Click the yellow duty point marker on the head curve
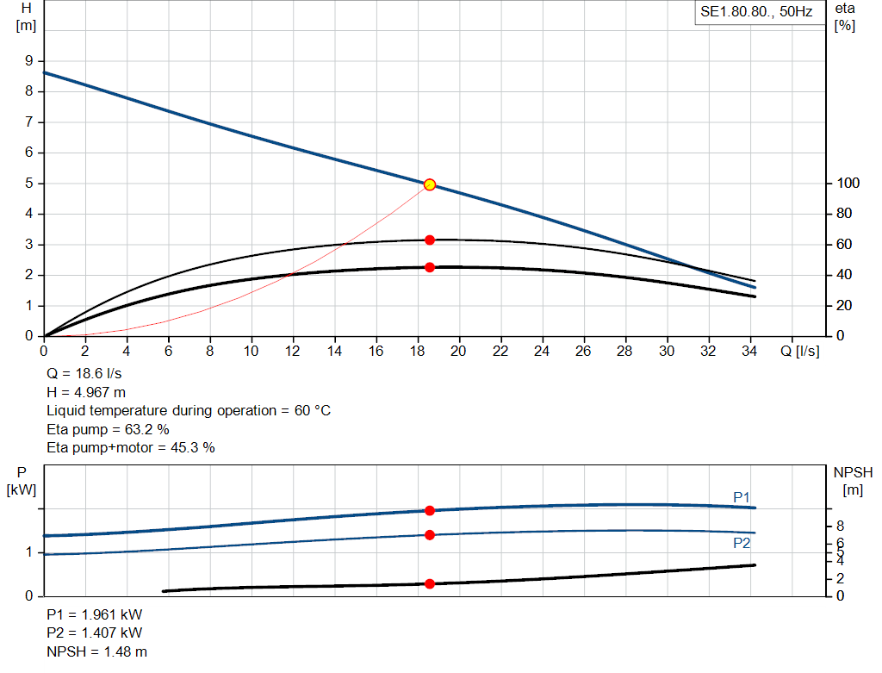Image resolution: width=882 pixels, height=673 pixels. pyautogui.click(x=430, y=184)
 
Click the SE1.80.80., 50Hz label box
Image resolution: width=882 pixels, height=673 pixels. pyautogui.click(x=756, y=13)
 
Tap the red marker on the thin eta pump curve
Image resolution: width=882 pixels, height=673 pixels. pyautogui.click(x=430, y=240)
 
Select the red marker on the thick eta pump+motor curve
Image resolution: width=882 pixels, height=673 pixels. pyautogui.click(x=430, y=267)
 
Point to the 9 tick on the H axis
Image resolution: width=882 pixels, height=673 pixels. pyautogui.click(x=28, y=61)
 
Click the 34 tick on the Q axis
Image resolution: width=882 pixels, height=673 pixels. pyautogui.click(x=749, y=352)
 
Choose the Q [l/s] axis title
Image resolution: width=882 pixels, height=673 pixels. pyautogui.click(x=800, y=352)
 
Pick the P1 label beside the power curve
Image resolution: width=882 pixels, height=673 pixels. pyautogui.click(x=742, y=497)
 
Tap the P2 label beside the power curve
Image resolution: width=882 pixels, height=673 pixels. pyautogui.click(x=742, y=543)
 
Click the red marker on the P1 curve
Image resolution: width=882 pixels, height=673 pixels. pyautogui.click(x=430, y=511)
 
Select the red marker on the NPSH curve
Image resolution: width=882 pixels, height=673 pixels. pyautogui.click(x=430, y=584)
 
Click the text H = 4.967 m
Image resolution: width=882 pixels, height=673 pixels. pyautogui.click(x=86, y=392)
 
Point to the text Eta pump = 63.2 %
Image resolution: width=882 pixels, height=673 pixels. pyautogui.click(x=108, y=429)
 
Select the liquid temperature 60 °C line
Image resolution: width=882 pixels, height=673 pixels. pyautogui.click(x=188, y=411)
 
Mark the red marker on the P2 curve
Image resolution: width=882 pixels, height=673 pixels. pyautogui.click(x=430, y=535)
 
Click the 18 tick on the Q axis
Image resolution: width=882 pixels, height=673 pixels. pyautogui.click(x=417, y=352)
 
